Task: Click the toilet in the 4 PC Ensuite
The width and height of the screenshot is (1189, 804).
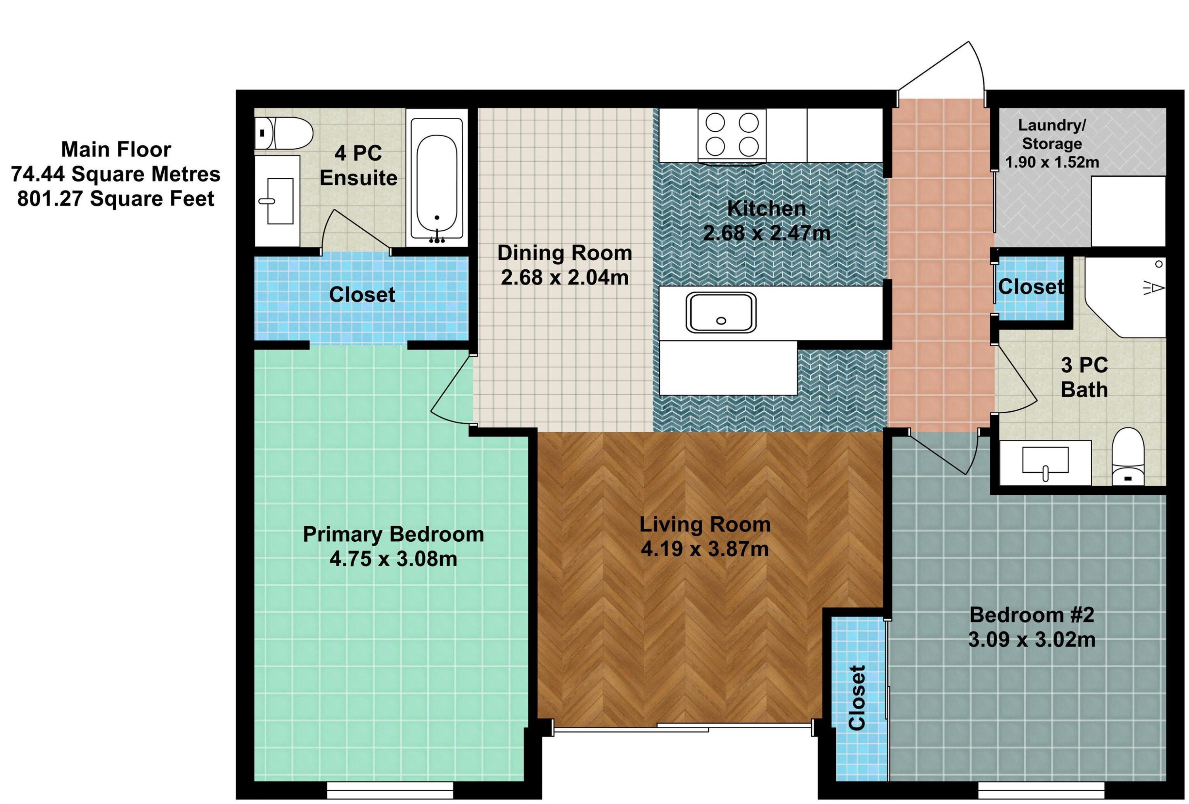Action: click(283, 134)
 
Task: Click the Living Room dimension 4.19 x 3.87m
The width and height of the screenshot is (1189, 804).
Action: click(705, 549)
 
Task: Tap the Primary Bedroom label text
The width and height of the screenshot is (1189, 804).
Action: click(394, 535)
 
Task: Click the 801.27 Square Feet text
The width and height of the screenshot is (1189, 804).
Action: click(116, 199)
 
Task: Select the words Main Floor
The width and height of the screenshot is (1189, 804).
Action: click(116, 149)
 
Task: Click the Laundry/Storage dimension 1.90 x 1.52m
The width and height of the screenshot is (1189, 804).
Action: click(1052, 162)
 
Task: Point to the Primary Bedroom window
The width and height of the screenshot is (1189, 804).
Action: click(390, 790)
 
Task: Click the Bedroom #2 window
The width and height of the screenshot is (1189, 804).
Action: click(1042, 790)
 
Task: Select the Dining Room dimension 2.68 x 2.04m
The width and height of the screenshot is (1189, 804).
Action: click(565, 278)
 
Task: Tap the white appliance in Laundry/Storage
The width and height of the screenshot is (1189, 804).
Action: click(1128, 212)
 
